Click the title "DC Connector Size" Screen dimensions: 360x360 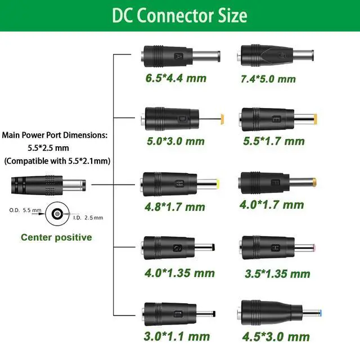point(179,15)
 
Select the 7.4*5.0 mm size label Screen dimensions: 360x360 point(268,78)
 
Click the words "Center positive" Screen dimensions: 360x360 point(56,237)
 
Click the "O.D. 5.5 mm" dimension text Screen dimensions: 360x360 point(25,210)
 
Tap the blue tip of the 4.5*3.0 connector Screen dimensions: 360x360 point(319,312)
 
